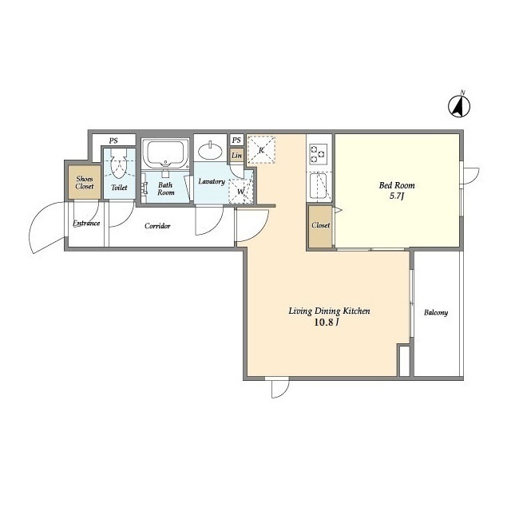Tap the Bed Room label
tap(397, 185)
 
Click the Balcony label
tap(436, 313)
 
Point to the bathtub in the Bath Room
tap(165, 153)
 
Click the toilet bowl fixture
tap(119, 164)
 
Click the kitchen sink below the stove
tap(319, 186)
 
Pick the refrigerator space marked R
tap(261, 149)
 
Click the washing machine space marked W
tap(241, 192)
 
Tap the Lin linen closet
tap(236, 156)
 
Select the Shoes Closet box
tap(85, 183)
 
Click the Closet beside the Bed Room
tap(320, 225)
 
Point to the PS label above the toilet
tap(113, 141)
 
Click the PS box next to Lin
tap(236, 141)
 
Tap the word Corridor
tap(157, 226)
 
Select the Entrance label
tap(86, 224)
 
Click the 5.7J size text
tap(397, 196)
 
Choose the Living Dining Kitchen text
tap(329, 311)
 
